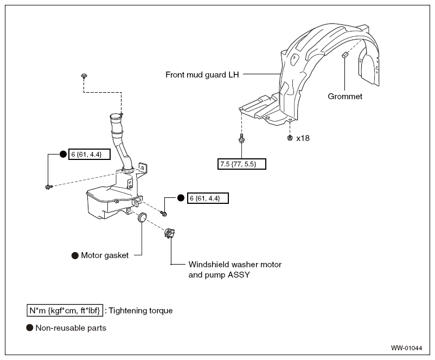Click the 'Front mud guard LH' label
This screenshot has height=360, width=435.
pyautogui.click(x=202, y=75)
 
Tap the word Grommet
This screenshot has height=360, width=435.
pyautogui.click(x=345, y=97)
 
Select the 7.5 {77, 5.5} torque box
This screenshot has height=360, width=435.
pyautogui.click(x=241, y=164)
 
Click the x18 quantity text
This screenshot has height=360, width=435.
pyautogui.click(x=303, y=138)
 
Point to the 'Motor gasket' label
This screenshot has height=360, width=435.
pyautogui.click(x=105, y=255)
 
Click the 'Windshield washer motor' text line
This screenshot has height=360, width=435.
pyautogui.click(x=235, y=265)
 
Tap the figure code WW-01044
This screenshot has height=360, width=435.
pyautogui.click(x=406, y=348)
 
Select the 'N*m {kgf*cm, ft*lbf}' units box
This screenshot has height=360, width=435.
pyautogui.click(x=65, y=310)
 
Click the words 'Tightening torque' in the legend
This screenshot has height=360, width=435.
pyautogui.click(x=140, y=311)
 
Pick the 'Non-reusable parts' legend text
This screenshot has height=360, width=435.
pyautogui.click(x=71, y=328)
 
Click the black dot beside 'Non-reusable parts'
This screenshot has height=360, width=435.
pyautogui.click(x=30, y=328)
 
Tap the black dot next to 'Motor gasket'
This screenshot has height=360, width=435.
pyautogui.click(x=75, y=255)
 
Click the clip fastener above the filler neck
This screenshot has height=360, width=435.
pyautogui.click(x=84, y=76)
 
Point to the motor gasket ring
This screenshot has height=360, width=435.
pyautogui.click(x=143, y=217)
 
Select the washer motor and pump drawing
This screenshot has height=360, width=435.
pyautogui.click(x=169, y=233)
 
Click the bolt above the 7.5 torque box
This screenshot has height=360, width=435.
pyautogui.click(x=241, y=138)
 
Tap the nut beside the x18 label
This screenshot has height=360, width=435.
pyautogui.click(x=290, y=138)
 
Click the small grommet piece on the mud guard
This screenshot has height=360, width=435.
pyautogui.click(x=344, y=55)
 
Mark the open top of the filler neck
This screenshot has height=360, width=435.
pyautogui.click(x=116, y=117)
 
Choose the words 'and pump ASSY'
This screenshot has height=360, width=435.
pyautogui.click(x=219, y=275)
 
